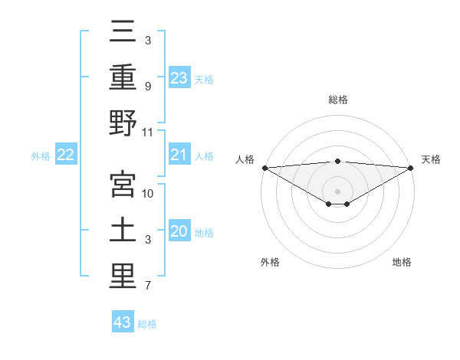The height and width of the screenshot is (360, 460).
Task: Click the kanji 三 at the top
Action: click(x=123, y=33)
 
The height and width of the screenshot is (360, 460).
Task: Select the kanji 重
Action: click(x=123, y=77)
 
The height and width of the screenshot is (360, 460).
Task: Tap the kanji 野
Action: click(x=123, y=123)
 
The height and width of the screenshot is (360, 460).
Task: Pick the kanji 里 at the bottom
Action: click(x=123, y=277)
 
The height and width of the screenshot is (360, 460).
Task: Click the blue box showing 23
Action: click(x=179, y=77)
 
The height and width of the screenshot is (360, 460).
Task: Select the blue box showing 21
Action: click(x=179, y=155)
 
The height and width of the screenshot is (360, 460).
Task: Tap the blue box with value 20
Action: click(x=179, y=231)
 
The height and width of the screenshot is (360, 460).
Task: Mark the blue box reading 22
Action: click(x=66, y=155)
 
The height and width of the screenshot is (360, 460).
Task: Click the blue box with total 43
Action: click(x=123, y=322)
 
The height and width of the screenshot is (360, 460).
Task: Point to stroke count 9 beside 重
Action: click(x=148, y=87)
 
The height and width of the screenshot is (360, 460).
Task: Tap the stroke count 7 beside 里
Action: click(x=148, y=286)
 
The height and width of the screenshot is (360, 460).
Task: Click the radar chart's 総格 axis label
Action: click(x=337, y=100)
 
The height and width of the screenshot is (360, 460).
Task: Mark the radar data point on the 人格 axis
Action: click(x=264, y=168)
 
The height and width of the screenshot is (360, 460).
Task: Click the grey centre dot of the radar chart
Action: click(x=337, y=191)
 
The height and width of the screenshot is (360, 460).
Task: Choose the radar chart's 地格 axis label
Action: click(x=402, y=262)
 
